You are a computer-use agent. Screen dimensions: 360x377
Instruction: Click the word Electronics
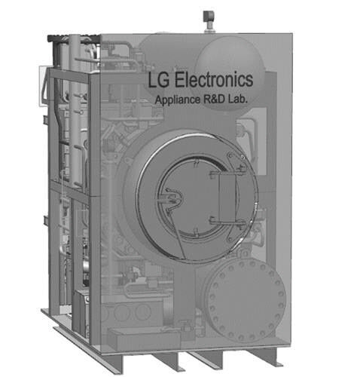pyautogui.click(x=214, y=80)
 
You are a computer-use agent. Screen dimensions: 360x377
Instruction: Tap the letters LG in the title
pyautogui.click(x=158, y=80)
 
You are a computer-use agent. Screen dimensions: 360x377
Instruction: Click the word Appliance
pyautogui.click(x=177, y=100)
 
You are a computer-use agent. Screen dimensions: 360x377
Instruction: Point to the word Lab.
pyautogui.click(x=237, y=99)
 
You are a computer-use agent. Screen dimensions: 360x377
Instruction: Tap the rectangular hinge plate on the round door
pyautogui.click(x=227, y=198)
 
